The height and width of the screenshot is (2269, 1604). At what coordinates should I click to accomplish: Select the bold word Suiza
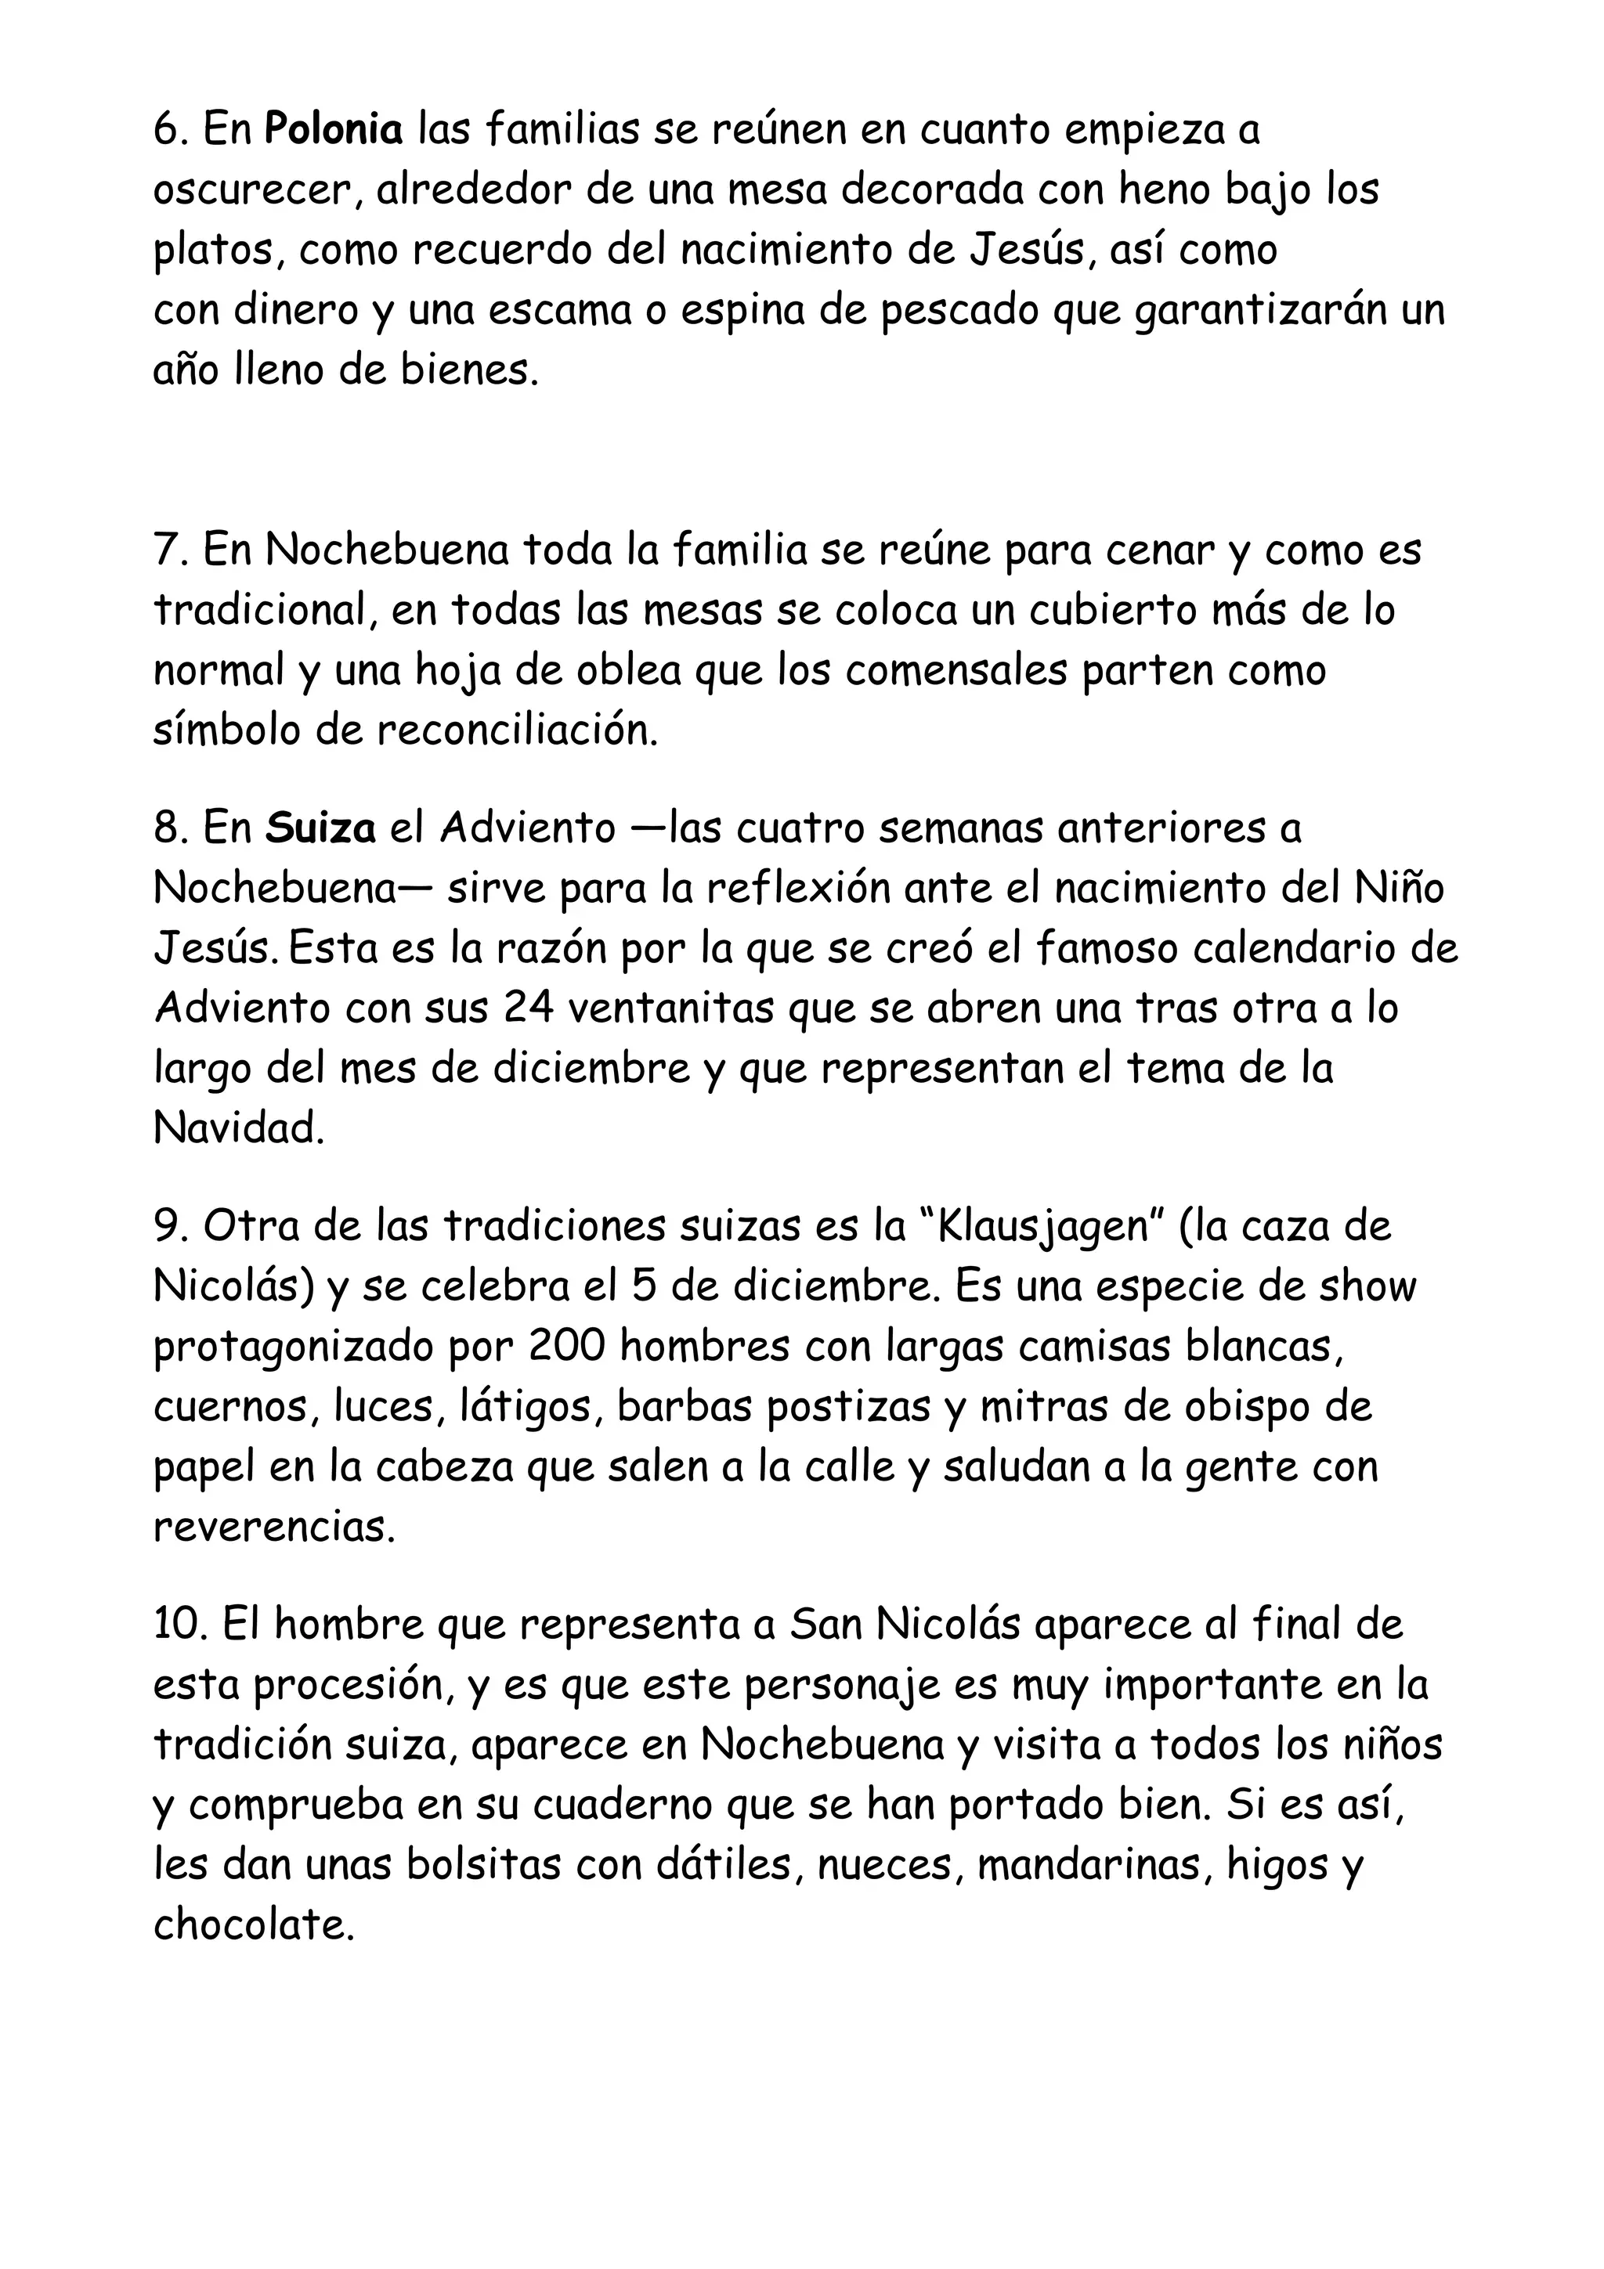[320, 828]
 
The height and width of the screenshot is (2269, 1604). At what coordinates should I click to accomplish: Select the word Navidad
[238, 1128]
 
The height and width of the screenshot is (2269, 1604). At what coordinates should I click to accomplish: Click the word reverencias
[274, 1528]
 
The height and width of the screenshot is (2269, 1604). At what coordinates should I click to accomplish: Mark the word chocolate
[253, 1926]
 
